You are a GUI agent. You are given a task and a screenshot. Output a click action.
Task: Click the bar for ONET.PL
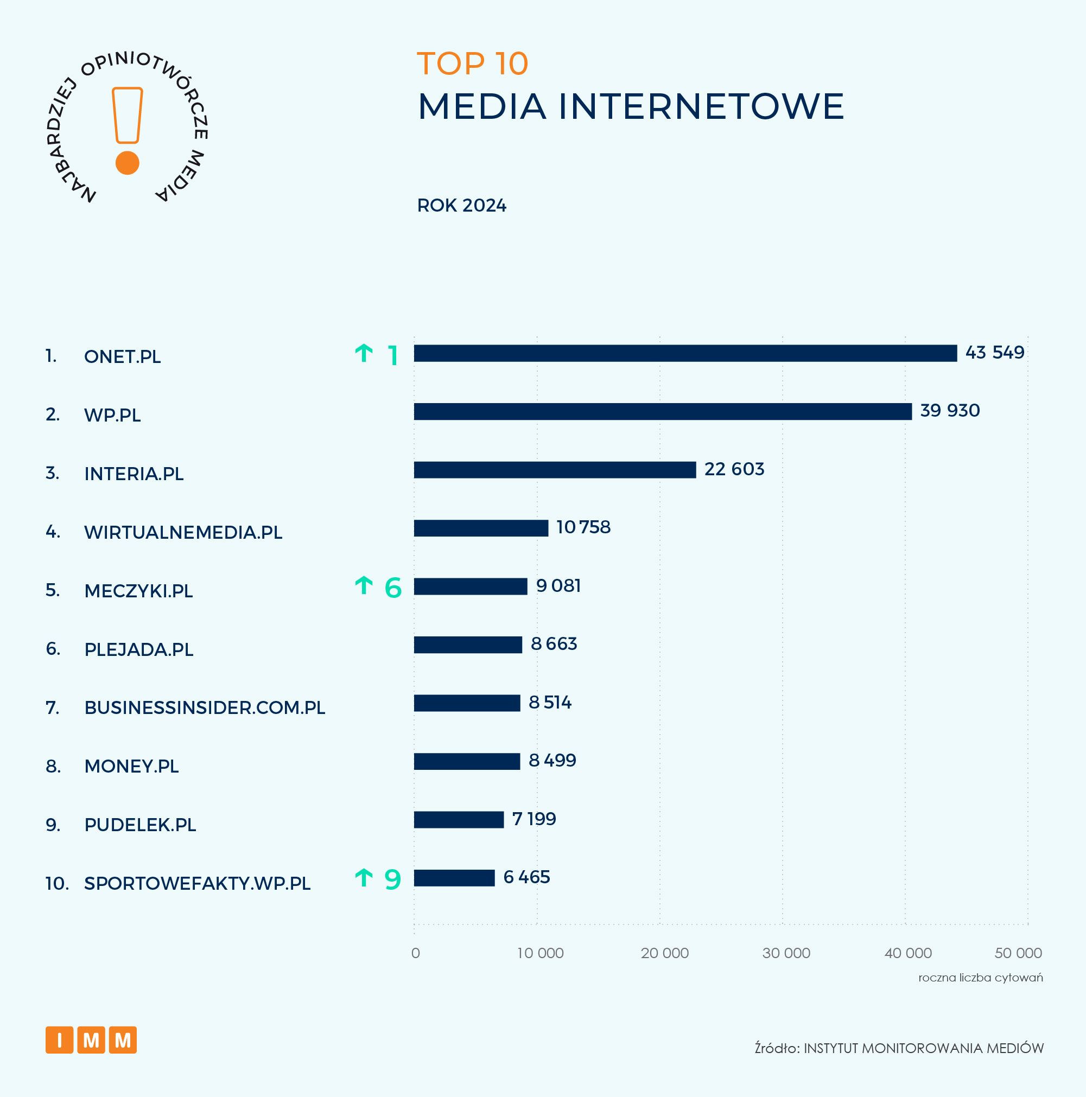click(685, 353)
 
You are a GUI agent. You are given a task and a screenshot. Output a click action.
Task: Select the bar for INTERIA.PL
click(554, 470)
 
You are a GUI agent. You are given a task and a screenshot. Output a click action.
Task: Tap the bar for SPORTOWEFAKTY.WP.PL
click(454, 878)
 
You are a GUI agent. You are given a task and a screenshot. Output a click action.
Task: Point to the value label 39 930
click(950, 411)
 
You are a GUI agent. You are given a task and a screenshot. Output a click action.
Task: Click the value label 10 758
click(583, 527)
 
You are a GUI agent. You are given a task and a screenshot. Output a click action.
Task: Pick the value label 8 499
click(552, 760)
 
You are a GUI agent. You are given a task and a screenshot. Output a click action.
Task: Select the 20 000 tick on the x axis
click(664, 953)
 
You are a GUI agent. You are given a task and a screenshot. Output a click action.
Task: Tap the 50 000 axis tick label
click(1018, 953)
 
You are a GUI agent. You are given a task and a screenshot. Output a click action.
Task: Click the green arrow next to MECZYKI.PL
click(364, 585)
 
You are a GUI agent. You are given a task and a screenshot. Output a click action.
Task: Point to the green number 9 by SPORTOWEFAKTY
click(392, 879)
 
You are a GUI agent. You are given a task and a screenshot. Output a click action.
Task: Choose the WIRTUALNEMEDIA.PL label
click(183, 533)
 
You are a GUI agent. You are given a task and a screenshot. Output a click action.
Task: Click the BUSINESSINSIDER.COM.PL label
click(205, 708)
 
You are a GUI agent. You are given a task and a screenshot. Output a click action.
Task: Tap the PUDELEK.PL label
click(140, 825)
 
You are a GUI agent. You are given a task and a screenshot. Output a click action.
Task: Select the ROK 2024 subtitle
click(461, 206)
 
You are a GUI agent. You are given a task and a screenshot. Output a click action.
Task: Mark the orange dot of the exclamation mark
click(127, 163)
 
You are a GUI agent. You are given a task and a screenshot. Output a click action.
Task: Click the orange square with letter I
click(60, 1040)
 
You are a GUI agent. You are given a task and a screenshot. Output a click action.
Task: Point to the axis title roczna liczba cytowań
click(980, 978)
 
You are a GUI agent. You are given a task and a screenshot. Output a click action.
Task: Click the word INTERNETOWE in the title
click(701, 106)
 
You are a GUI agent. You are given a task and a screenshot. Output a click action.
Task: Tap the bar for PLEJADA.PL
click(467, 645)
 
